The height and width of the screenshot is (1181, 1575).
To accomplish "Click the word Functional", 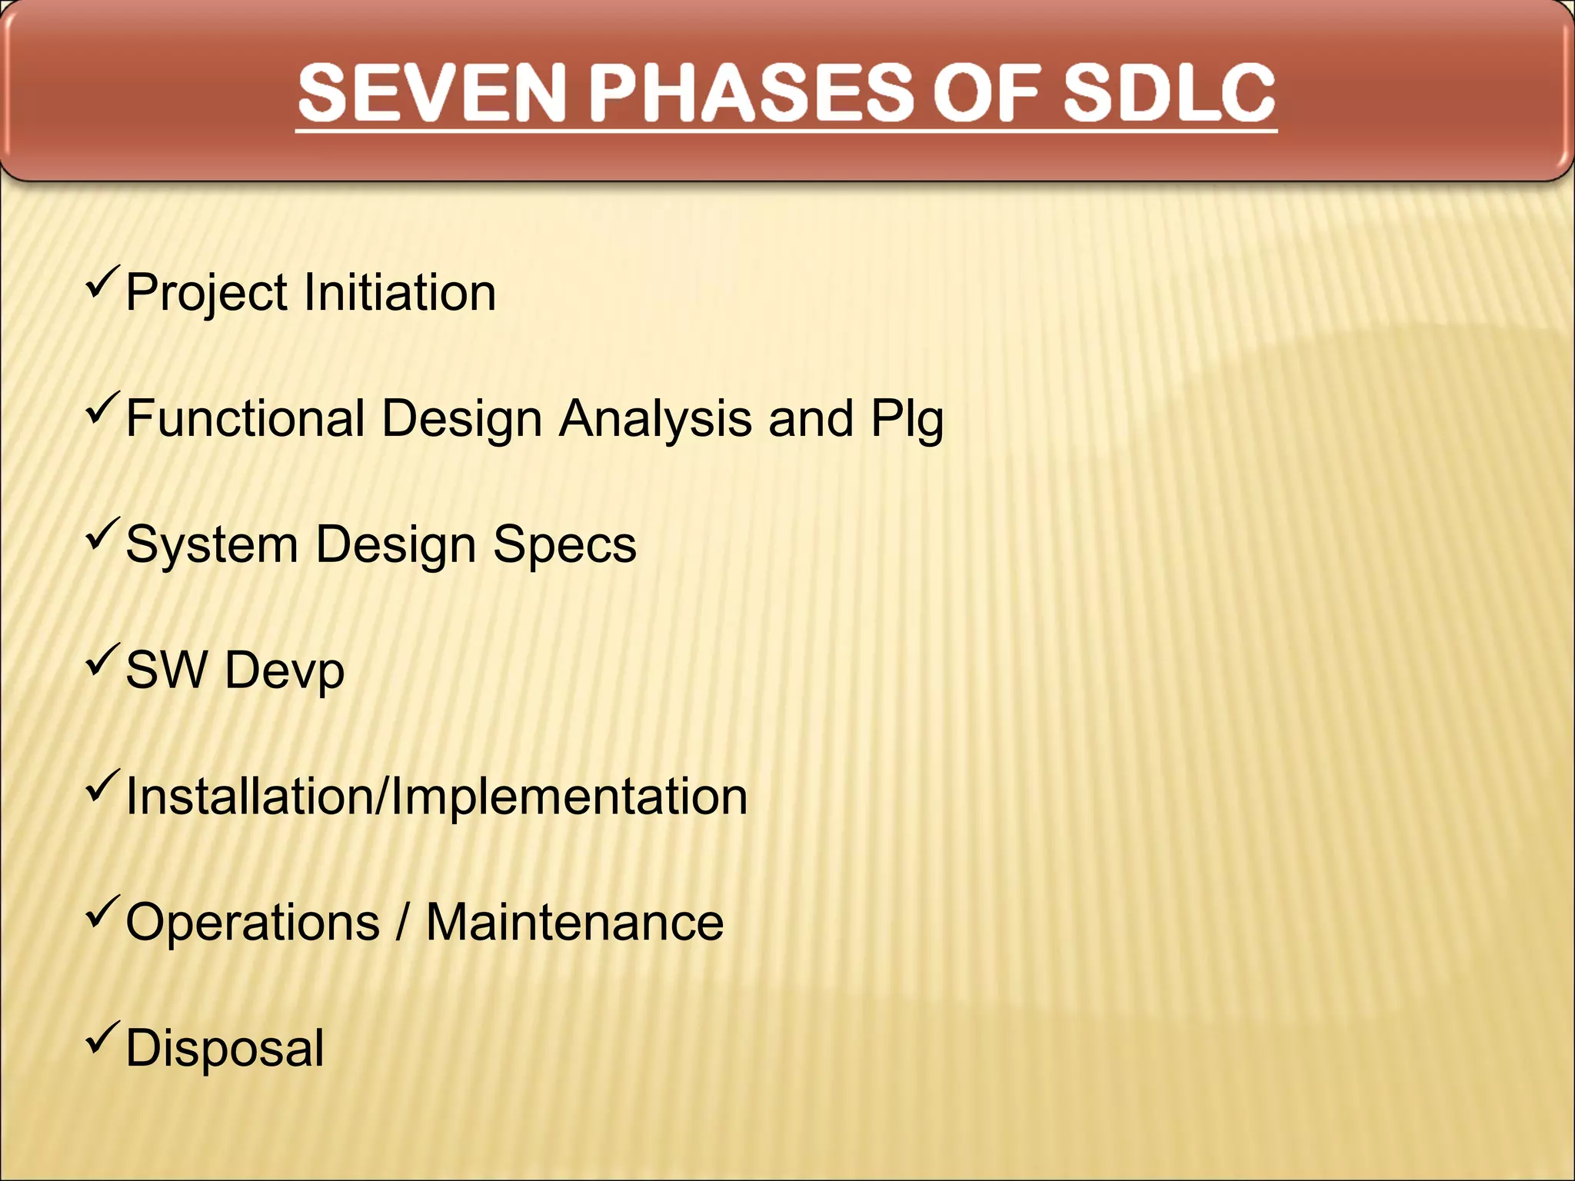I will (245, 418).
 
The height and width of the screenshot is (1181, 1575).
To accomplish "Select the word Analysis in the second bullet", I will (655, 420).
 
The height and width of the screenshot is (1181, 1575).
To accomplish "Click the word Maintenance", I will (574, 922).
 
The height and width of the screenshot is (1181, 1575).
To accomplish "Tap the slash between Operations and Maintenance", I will (401, 922).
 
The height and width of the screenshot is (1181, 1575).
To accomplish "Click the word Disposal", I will (225, 1049).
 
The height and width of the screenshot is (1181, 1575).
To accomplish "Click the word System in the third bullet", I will (211, 545).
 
